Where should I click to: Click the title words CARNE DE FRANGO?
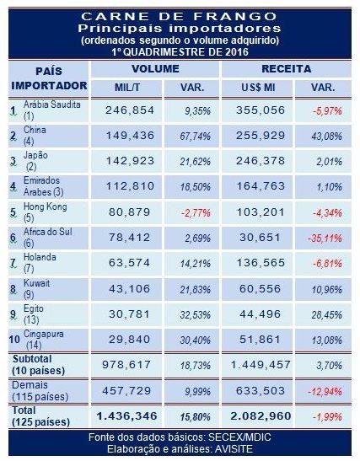point(179,17)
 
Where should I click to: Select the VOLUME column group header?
point(155,69)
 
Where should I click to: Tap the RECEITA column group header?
point(286,69)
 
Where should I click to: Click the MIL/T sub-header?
point(127,88)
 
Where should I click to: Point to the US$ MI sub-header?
point(259,88)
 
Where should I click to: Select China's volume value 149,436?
point(130,136)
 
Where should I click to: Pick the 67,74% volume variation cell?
point(195,137)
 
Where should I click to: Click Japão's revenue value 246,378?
point(261,161)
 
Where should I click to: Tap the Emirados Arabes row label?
point(43,186)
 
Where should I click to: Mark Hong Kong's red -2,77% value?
point(196,213)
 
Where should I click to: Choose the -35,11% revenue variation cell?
point(325,239)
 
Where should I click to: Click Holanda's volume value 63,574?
point(129,263)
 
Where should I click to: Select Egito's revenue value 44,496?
point(260,314)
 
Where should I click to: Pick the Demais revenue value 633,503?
point(261,391)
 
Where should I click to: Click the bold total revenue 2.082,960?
point(261,416)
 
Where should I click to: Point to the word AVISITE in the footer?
point(234,449)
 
